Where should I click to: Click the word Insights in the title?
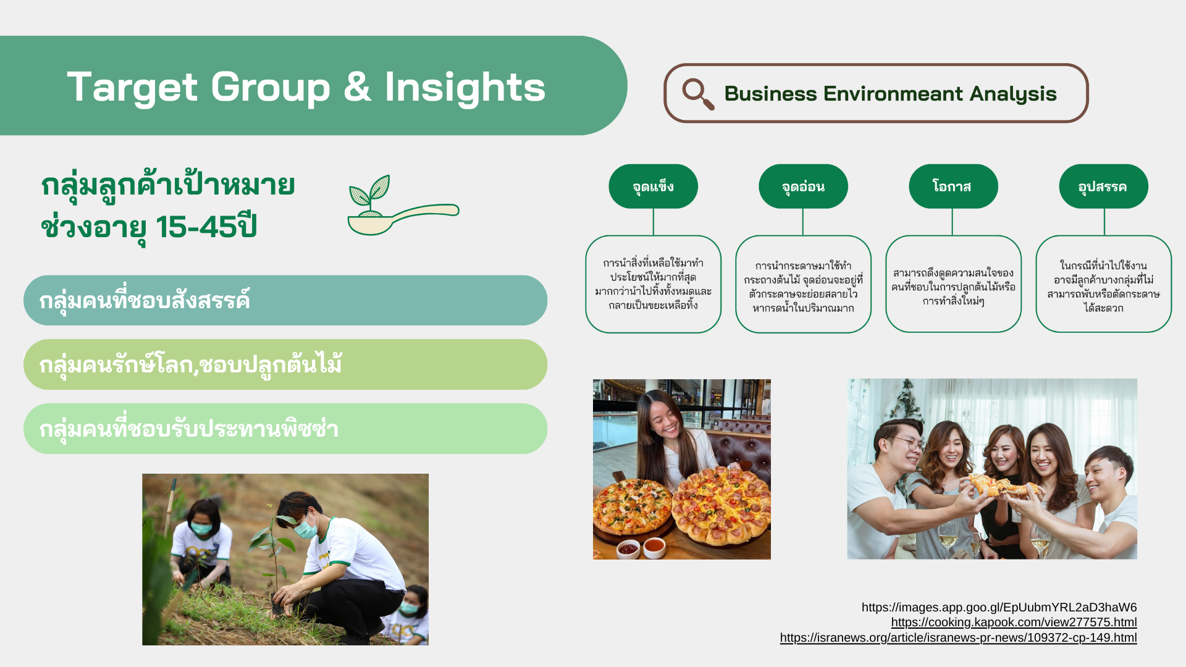tap(465, 87)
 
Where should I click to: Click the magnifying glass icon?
tap(698, 94)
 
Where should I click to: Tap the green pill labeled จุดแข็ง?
tap(653, 187)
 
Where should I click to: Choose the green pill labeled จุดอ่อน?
tap(803, 187)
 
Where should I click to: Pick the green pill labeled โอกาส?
tap(953, 187)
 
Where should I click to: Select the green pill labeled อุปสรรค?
tap(1103, 187)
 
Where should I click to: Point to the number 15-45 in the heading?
tap(196, 227)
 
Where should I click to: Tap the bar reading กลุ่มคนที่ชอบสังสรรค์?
tap(285, 300)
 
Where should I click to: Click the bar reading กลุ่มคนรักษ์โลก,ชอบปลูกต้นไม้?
tap(285, 364)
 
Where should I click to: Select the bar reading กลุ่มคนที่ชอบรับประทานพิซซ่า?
tap(285, 429)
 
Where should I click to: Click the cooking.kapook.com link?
tap(1014, 623)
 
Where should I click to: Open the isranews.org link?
tap(958, 638)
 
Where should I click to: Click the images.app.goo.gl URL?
tap(999, 607)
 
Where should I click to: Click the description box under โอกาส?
tap(953, 284)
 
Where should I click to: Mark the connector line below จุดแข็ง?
tap(653, 222)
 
